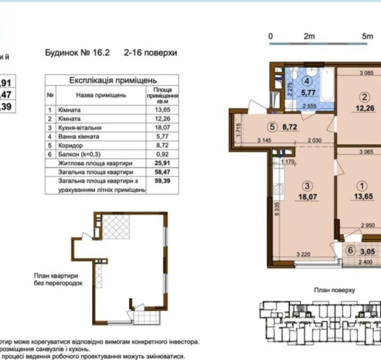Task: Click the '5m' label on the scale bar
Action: tap(367, 36)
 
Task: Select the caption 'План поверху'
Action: tap(333, 291)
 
